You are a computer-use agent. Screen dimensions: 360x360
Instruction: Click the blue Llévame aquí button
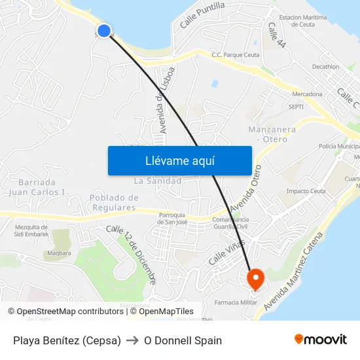[x=179, y=160]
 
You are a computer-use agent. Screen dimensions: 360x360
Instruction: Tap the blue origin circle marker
[x=103, y=30]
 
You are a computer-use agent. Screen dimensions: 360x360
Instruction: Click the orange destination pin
[x=255, y=279]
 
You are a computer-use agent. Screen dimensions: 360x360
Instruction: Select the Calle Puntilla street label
[x=202, y=14]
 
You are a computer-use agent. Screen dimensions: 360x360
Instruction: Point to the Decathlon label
[x=325, y=67]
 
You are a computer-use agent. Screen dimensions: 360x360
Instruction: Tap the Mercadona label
[x=306, y=94]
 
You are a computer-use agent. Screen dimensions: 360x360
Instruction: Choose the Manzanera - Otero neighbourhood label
[x=272, y=134]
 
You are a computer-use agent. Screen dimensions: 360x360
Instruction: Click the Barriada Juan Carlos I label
[x=37, y=187]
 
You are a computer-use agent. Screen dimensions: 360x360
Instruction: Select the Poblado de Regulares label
[x=114, y=202]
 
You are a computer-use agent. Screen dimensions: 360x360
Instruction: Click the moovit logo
[x=321, y=340]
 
